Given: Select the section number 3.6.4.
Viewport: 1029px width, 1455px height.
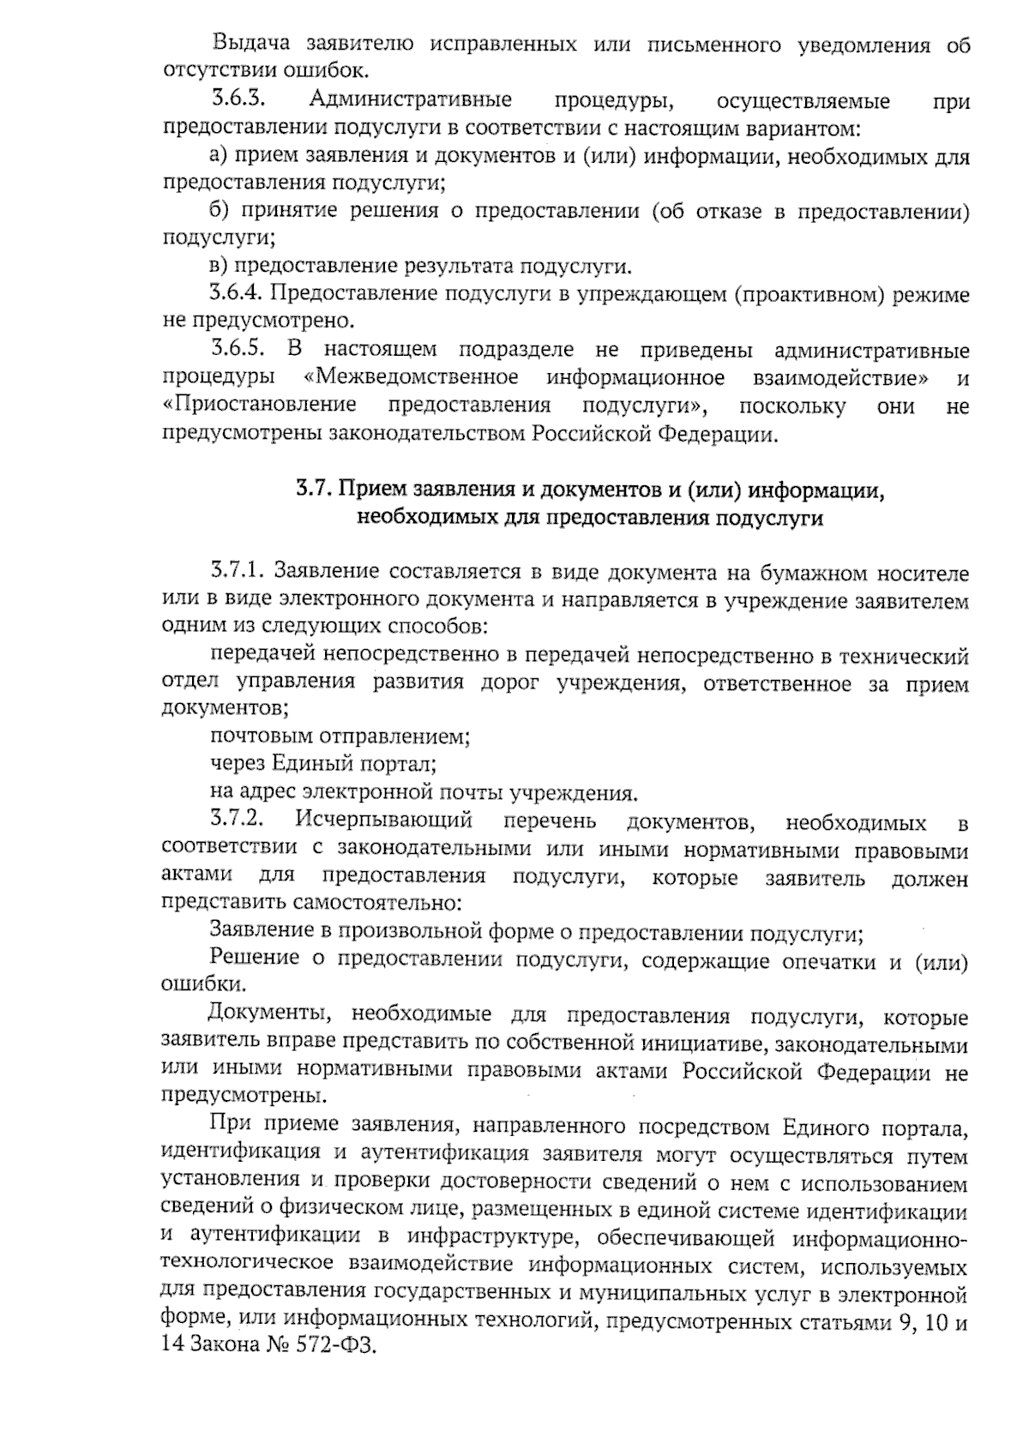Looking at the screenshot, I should (237, 294).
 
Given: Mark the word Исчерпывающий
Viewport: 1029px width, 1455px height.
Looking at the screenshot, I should (384, 821).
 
